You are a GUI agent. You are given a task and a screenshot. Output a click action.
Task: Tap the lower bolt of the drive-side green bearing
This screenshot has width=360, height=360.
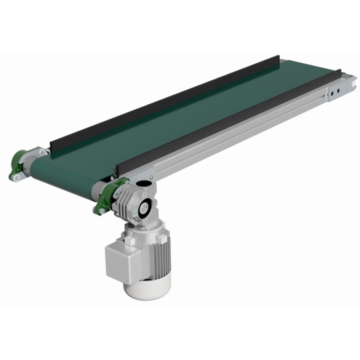click(x=102, y=211)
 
